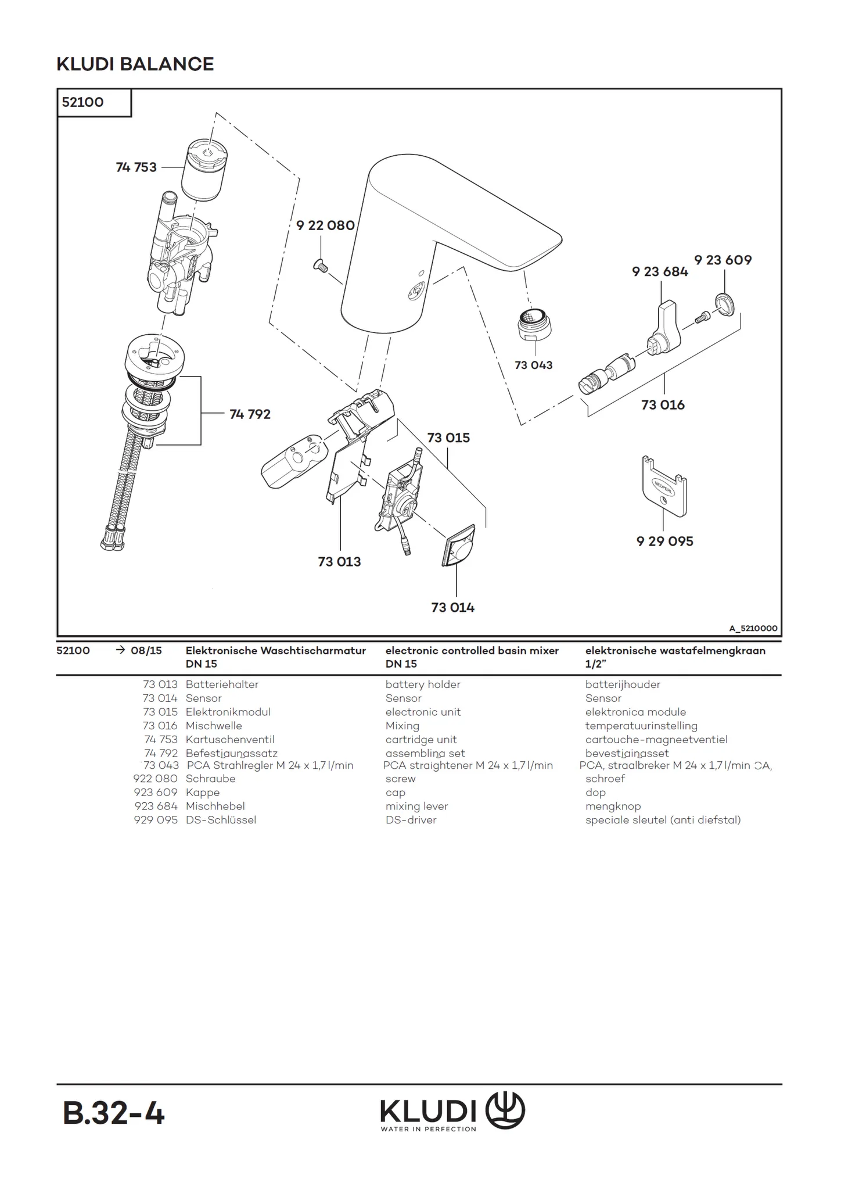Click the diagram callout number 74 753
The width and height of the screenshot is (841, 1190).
[x=136, y=167]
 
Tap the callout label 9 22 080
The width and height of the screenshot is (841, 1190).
[x=325, y=225]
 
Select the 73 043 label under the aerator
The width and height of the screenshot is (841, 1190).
[x=533, y=365]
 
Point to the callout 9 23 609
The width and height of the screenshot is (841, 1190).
[x=723, y=260]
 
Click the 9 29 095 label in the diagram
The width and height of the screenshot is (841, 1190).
[x=664, y=541]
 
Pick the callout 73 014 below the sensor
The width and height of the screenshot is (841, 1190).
[x=452, y=607]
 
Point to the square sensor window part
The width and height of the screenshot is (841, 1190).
[x=458, y=545]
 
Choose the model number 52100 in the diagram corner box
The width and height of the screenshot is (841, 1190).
[x=83, y=102]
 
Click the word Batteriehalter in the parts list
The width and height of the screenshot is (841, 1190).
[x=222, y=684]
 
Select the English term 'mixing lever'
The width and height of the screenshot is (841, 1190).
[x=416, y=806]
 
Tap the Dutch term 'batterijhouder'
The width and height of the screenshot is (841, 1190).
[x=623, y=684]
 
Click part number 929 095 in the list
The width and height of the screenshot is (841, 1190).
[x=156, y=820]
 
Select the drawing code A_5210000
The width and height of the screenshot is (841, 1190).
[x=753, y=628]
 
